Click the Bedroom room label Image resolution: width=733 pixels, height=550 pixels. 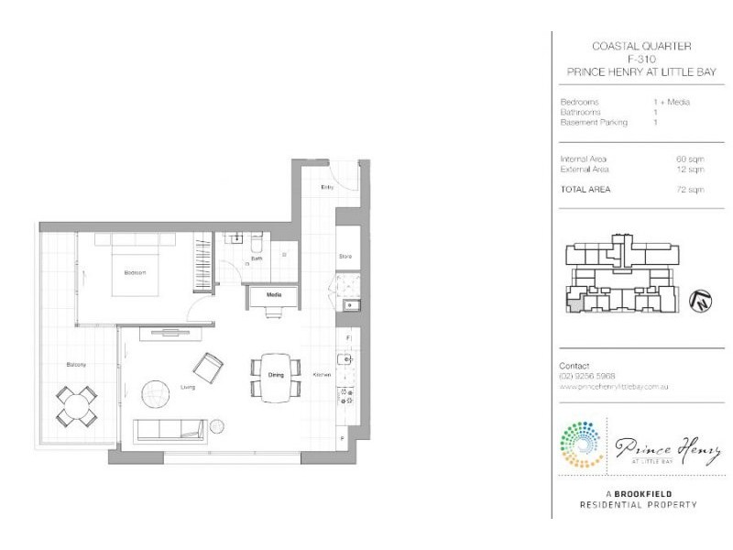[x=136, y=273]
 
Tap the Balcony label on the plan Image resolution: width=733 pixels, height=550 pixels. [x=76, y=366]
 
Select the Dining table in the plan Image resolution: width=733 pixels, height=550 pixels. [x=276, y=377]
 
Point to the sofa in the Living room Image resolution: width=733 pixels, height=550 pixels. [x=170, y=430]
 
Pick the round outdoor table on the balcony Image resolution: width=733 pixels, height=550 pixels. [x=77, y=405]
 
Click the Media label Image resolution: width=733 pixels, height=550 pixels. [x=273, y=295]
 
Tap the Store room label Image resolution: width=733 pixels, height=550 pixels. [x=345, y=256]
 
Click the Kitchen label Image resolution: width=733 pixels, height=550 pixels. [x=322, y=376]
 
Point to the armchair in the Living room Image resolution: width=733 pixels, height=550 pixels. [x=208, y=368]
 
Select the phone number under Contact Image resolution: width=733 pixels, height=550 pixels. [x=585, y=377]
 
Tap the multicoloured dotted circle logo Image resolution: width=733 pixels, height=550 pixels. [x=580, y=445]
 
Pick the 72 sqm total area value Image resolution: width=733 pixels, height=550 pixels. [x=690, y=190]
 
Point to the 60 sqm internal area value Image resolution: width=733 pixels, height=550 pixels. [x=690, y=159]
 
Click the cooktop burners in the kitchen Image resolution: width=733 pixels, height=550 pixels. [x=347, y=396]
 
